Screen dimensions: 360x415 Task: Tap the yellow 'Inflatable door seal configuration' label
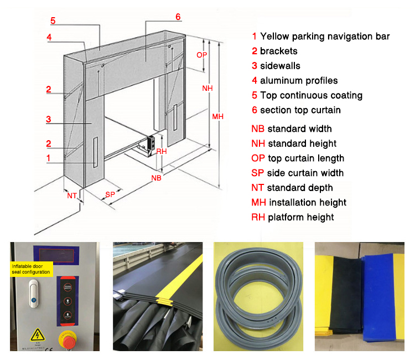point(32,269)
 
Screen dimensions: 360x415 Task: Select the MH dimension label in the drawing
point(218,116)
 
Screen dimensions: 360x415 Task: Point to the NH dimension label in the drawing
point(207,88)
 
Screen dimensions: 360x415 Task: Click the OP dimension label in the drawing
point(203,54)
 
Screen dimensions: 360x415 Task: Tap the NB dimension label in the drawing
point(157,178)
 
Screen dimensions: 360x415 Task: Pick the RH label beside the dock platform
point(162,151)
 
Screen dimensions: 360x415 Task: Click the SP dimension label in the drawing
point(110,194)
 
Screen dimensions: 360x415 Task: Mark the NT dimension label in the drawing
point(72,196)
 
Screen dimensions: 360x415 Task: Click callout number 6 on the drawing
point(178,17)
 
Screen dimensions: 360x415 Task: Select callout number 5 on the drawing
point(53,21)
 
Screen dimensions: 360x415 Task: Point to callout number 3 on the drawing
point(49,119)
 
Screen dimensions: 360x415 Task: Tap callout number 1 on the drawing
point(49,157)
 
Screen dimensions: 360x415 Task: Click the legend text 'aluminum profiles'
point(299,80)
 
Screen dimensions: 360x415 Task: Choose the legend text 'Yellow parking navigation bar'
point(325,37)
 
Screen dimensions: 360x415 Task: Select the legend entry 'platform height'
point(300,217)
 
